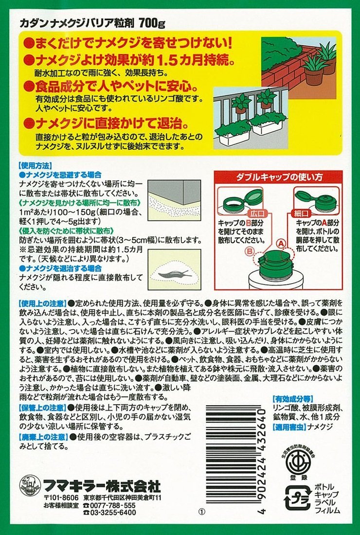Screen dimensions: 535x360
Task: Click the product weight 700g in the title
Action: (x=153, y=22)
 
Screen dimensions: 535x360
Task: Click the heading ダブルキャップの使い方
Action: (x=278, y=178)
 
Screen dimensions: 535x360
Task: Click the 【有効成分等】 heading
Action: (x=293, y=397)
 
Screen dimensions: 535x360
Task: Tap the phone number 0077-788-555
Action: (x=112, y=505)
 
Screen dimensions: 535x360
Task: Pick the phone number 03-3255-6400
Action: (x=112, y=513)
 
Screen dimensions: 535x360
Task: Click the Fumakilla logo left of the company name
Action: (x=30, y=486)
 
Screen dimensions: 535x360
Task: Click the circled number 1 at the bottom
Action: (x=202, y=513)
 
